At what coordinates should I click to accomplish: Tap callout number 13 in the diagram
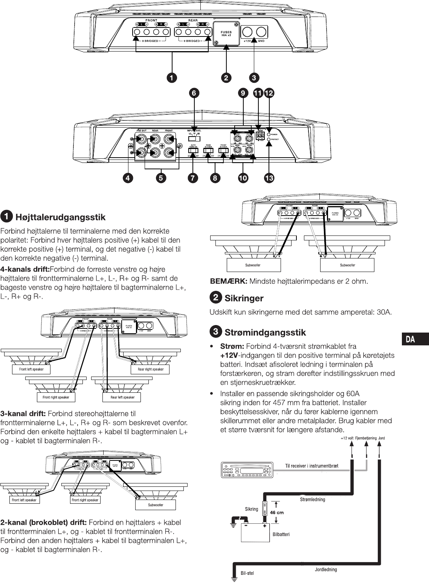pyautogui.click(x=269, y=178)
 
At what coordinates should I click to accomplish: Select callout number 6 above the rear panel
pyautogui.click(x=194, y=93)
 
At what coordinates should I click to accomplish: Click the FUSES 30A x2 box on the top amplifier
pyautogui.click(x=226, y=33)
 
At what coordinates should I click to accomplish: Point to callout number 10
pyautogui.click(x=243, y=178)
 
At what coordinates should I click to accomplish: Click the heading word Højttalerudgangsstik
pyautogui.click(x=60, y=217)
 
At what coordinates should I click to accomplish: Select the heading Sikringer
pyautogui.click(x=244, y=298)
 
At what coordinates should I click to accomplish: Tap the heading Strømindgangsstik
pyautogui.click(x=265, y=333)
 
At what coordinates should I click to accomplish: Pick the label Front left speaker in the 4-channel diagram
pyautogui.click(x=31, y=369)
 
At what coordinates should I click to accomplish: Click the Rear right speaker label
pyautogui.click(x=151, y=369)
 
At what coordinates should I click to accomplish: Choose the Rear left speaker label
pyautogui.click(x=122, y=397)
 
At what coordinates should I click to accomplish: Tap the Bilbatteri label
pyautogui.click(x=281, y=534)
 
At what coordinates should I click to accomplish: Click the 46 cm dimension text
pyautogui.click(x=277, y=512)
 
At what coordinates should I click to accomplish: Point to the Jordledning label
pyautogui.click(x=326, y=570)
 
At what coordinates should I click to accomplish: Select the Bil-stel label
pyautogui.click(x=247, y=573)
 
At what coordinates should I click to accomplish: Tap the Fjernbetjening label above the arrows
pyautogui.click(x=366, y=438)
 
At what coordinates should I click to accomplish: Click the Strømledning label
pyautogui.click(x=312, y=500)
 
